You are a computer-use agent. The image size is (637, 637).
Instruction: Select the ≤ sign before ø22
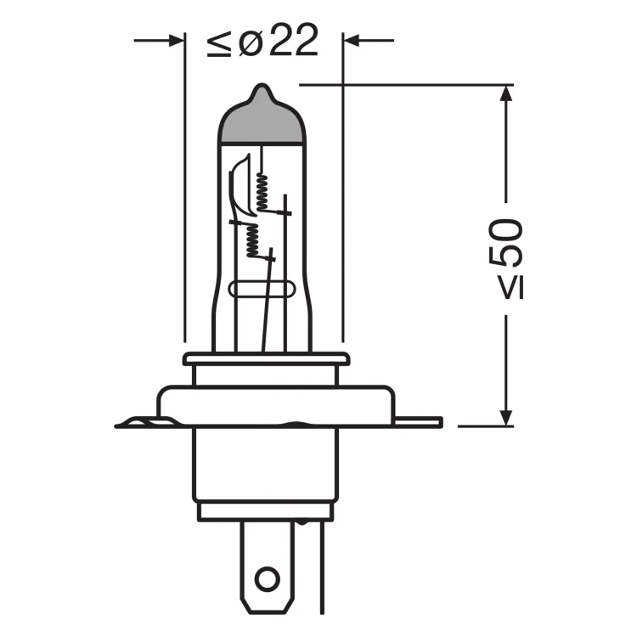pos(219,43)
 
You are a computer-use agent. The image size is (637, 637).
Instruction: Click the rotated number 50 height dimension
pos(505,243)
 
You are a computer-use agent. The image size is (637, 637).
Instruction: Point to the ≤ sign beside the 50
pos(511,288)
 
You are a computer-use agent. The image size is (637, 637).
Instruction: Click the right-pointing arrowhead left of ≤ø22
pos(176,41)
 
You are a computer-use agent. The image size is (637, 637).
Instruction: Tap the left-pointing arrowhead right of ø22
pos(352,41)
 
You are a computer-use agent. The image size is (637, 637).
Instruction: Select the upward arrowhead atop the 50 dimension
pos(506,93)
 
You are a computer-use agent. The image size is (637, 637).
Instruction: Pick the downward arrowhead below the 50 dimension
pos(506,418)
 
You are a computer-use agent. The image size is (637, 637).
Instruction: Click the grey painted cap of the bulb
pos(262,121)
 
